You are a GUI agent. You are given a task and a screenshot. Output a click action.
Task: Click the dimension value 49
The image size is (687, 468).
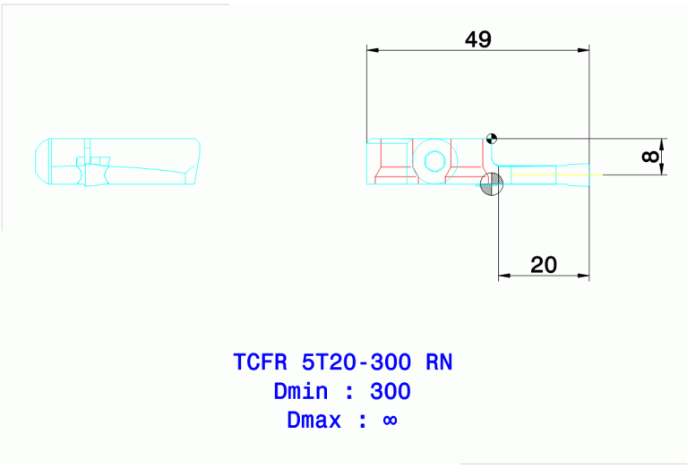click(x=478, y=39)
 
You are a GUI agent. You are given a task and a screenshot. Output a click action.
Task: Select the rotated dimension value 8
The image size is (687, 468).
click(x=651, y=157)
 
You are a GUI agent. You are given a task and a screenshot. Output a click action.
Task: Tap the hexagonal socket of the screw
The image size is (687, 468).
click(x=435, y=162)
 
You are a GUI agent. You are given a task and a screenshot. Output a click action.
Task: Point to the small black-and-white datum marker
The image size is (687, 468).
click(x=491, y=138)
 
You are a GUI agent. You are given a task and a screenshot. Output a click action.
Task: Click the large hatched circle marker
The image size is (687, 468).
click(x=492, y=184)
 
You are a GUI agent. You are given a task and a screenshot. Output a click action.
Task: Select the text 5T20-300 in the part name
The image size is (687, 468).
click(x=357, y=362)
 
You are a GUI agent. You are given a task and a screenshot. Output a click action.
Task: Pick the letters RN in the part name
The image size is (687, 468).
click(x=439, y=362)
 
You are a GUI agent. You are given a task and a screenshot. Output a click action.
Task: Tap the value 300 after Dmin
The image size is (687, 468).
click(x=391, y=392)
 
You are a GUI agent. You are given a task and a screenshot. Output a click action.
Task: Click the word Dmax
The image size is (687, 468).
click(x=313, y=421)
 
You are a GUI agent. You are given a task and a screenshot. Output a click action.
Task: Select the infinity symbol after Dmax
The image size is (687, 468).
click(x=390, y=421)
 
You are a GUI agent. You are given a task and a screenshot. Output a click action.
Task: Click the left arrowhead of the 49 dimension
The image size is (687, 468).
click(x=372, y=50)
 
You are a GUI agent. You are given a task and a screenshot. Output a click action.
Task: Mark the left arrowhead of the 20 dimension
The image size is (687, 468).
click(x=503, y=276)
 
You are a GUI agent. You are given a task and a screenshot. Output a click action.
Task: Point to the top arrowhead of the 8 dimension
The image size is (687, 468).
click(x=661, y=143)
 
